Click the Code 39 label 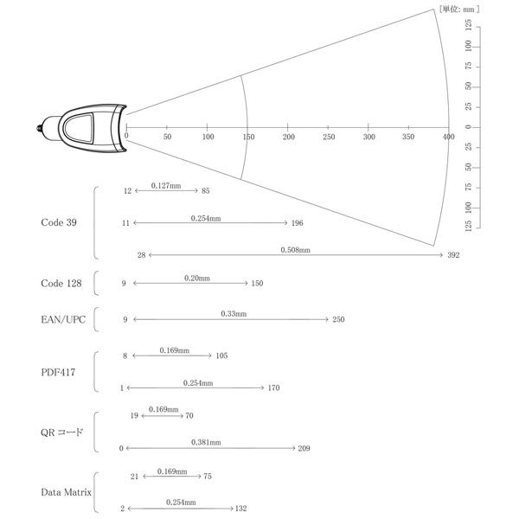pos(59,222)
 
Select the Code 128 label pos(61,284)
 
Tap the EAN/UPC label pos(63,319)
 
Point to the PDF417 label pos(58,372)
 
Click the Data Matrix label pos(67,492)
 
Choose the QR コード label pos(62,432)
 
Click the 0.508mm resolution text pos(296,250)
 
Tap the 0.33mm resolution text pos(234,313)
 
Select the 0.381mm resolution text pos(206,442)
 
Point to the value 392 pos(453,255)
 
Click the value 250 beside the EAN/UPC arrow pos(338,319)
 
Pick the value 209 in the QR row pos(304,448)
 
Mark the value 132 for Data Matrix pos(241,509)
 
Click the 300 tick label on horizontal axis pos(369,137)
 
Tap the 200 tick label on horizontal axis pos(289,137)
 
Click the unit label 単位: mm pos(459,9)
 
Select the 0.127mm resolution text pos(166,186)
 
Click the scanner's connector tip pos(39,128)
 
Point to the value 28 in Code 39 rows pos(141,255)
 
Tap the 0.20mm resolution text pos(197,278)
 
